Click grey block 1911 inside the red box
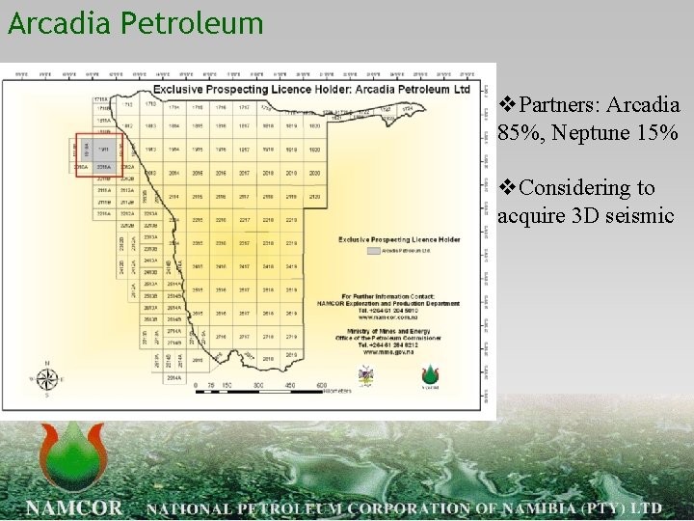click(x=102, y=149)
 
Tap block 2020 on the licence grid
click(x=314, y=173)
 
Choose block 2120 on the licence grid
click(x=314, y=197)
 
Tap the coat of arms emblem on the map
click(x=366, y=376)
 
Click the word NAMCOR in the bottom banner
click(x=75, y=507)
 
